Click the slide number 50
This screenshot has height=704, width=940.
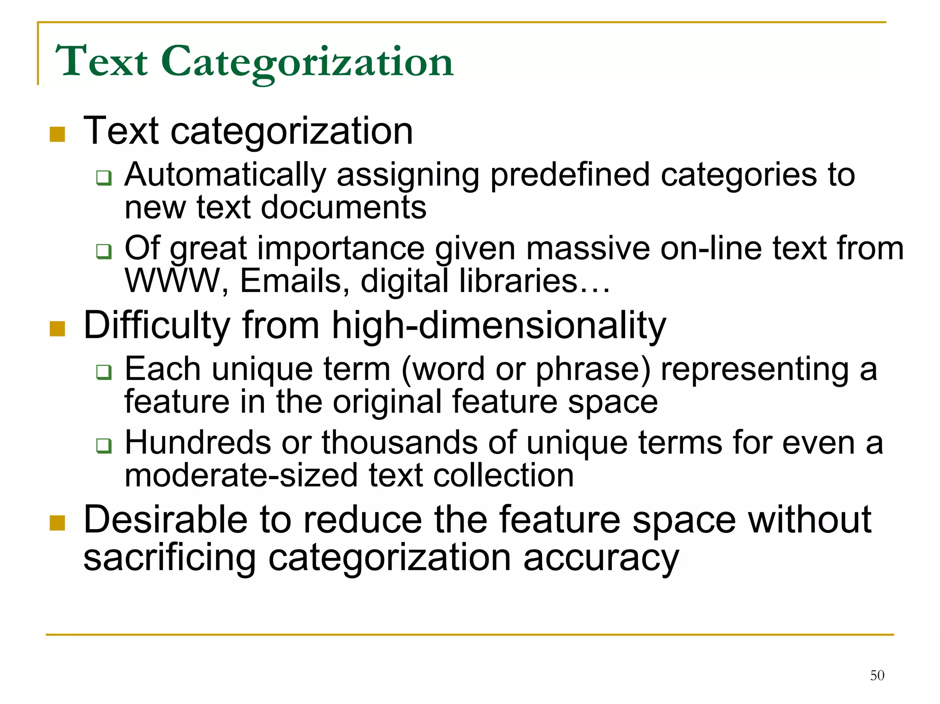pyautogui.click(x=877, y=675)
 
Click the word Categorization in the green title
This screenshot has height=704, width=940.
pyautogui.click(x=307, y=62)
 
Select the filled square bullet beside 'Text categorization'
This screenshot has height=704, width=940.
pyautogui.click(x=57, y=134)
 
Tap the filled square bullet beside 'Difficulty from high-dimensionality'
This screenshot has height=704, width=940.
pyautogui.click(x=57, y=329)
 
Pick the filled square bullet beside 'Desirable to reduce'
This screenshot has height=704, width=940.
pyautogui.click(x=57, y=523)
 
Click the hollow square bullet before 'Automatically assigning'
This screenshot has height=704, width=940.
pyautogui.click(x=104, y=178)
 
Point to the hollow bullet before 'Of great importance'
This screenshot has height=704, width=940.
pyautogui.click(x=104, y=251)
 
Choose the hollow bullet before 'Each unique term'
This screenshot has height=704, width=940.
pyautogui.click(x=104, y=372)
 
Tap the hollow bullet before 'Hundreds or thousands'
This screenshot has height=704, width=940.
pyautogui.click(x=104, y=445)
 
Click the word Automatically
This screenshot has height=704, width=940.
pyautogui.click(x=225, y=175)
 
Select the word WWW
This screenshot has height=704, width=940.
pyautogui.click(x=173, y=281)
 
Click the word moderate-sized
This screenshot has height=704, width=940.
pyautogui.click(x=241, y=475)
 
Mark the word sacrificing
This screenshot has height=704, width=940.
pyautogui.click(x=169, y=559)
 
